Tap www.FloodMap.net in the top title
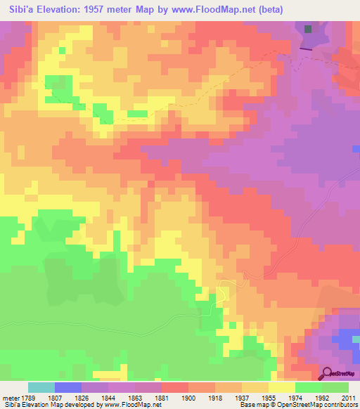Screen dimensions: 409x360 point(231,10)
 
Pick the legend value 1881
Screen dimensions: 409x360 point(163,397)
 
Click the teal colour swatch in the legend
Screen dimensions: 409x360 point(41,387)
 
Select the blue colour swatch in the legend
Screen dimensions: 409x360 point(67,387)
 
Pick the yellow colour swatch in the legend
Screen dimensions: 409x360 point(281,387)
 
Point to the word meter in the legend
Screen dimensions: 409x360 point(11,397)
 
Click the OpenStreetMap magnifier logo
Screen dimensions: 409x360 point(327,375)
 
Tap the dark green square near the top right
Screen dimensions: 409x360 point(309,29)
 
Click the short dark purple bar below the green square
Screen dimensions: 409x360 point(307,49)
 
